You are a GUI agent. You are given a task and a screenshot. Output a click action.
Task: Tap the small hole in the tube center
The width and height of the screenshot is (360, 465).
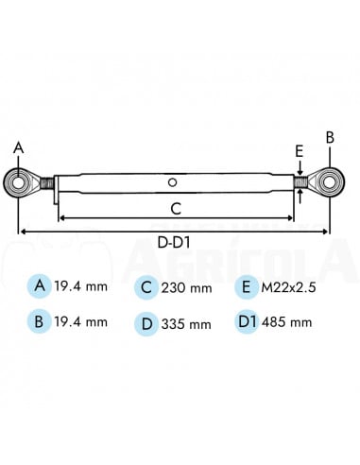pos(171,181)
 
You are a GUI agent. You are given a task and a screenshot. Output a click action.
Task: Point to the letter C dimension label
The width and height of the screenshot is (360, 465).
pos(176,207)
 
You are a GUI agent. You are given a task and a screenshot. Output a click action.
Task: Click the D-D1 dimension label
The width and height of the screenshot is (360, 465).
pos(176,243)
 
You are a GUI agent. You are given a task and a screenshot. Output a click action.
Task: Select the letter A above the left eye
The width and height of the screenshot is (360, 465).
pos(17,147)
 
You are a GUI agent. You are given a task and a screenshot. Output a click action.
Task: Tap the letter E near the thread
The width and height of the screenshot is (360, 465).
pos(298,150)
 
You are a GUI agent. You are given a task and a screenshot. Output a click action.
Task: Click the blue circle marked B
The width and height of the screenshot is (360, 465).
pos(39,321)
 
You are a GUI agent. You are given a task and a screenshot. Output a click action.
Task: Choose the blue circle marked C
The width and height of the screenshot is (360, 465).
pos(146,286)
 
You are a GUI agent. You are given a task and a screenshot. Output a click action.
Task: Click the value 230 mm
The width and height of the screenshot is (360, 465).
pos(186,287)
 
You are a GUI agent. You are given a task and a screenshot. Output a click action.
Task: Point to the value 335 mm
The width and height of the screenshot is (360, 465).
pos(186,323)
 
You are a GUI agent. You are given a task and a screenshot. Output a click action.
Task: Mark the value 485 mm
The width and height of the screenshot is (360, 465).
pos(287,323)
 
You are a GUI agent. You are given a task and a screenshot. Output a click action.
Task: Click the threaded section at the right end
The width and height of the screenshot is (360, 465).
pos(299,181)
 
